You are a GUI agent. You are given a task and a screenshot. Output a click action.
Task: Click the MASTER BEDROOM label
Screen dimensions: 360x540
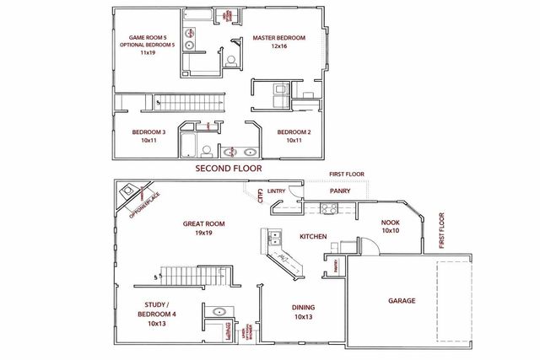click(278, 38)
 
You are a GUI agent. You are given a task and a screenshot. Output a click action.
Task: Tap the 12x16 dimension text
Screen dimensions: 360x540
click(278, 47)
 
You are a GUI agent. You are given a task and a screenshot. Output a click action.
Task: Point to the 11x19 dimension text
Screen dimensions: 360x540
click(148, 52)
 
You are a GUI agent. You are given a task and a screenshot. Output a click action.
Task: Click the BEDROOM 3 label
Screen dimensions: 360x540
click(148, 132)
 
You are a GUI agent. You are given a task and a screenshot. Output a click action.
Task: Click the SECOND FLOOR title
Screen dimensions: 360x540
click(229, 169)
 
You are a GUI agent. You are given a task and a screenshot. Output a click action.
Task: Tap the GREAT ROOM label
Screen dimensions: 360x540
click(204, 223)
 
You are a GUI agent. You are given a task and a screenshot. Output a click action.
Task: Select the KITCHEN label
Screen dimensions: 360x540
click(313, 237)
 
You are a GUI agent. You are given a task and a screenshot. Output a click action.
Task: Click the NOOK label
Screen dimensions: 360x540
click(389, 222)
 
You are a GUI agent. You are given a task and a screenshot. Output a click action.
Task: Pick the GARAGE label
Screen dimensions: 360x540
click(402, 300)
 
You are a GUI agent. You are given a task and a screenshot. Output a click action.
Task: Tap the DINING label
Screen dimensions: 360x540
click(304, 308)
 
